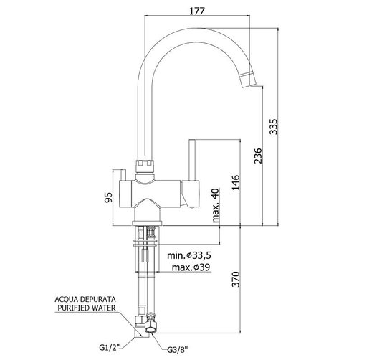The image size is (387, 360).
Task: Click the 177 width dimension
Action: tap(197, 11)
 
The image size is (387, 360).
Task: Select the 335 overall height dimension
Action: tap(273, 127)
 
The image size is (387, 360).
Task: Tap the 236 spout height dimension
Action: tap(258, 156)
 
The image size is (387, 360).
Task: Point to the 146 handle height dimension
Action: tap(236, 182)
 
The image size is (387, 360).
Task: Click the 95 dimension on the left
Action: tap(108, 197)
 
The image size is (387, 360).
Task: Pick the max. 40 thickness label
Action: tap(216, 205)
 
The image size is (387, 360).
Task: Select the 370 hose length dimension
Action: tap(236, 279)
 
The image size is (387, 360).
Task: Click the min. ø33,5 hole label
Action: tap(189, 255)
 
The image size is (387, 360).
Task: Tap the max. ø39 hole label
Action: tap(191, 267)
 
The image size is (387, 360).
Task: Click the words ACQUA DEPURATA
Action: tap(85, 299)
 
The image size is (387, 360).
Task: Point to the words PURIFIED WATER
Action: tap(87, 308)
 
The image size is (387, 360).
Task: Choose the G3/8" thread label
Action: tap(178, 350)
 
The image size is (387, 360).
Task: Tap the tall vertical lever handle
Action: tap(192, 160)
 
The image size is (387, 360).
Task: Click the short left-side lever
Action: tap(123, 175)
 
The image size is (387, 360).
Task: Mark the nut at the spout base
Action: tap(145, 166)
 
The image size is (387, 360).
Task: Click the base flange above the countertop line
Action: tap(147, 223)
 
